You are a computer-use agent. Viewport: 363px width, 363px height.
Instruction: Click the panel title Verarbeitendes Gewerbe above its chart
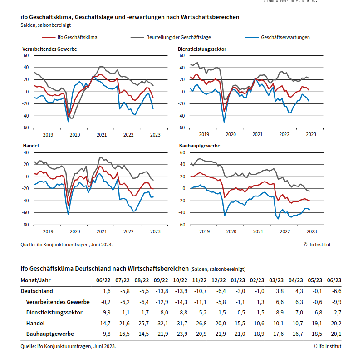click(49, 49)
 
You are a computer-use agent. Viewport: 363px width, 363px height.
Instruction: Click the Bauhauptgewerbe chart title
click(200, 146)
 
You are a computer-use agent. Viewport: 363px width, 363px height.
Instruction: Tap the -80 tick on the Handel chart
click(25, 225)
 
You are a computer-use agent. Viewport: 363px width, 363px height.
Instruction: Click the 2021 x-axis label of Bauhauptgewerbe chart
click(258, 231)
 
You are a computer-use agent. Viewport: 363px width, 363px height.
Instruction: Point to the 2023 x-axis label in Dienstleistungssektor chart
click(311, 134)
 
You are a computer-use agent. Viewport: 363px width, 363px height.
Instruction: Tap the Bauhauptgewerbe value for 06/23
click(334, 334)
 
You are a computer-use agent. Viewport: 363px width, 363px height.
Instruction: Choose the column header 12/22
click(219, 280)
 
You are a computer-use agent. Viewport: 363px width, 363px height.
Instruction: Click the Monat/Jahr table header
click(36, 280)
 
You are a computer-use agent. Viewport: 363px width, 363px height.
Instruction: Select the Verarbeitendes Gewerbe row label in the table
click(58, 302)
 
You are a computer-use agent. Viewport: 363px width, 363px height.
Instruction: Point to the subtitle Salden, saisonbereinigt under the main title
click(45, 25)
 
